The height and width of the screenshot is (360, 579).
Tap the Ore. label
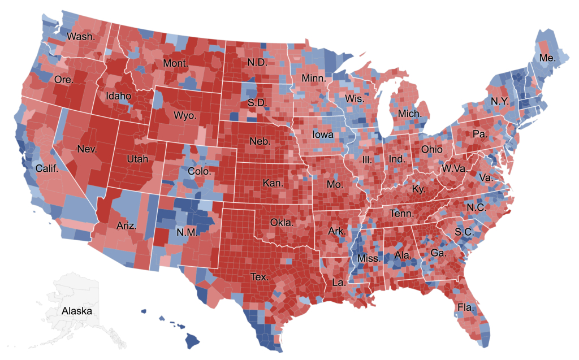click(x=63, y=80)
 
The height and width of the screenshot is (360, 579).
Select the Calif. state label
click(x=47, y=168)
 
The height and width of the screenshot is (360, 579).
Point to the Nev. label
click(x=87, y=150)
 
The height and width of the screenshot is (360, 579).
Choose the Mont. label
click(x=175, y=63)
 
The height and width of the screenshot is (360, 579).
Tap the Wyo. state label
click(x=185, y=115)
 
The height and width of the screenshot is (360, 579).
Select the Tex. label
click(x=260, y=277)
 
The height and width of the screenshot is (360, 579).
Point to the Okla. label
click(x=282, y=222)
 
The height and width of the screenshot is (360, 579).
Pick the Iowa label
click(x=323, y=136)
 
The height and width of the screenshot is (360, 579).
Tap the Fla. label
click(x=466, y=308)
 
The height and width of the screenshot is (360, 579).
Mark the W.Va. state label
click(x=453, y=168)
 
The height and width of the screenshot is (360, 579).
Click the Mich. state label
click(x=409, y=114)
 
